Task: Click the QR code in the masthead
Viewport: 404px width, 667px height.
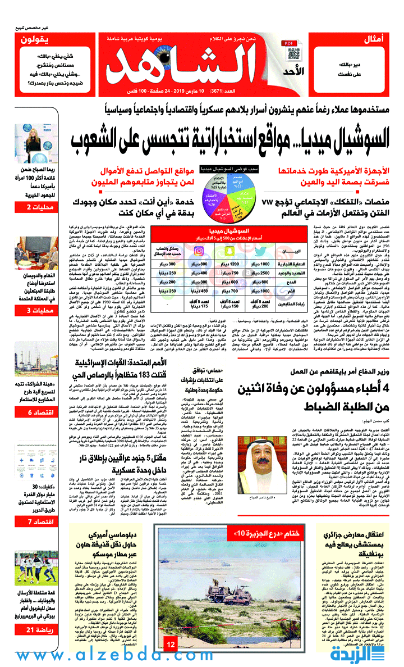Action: click(x=293, y=53)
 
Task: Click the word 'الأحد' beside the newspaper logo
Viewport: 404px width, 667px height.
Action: click(x=299, y=71)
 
